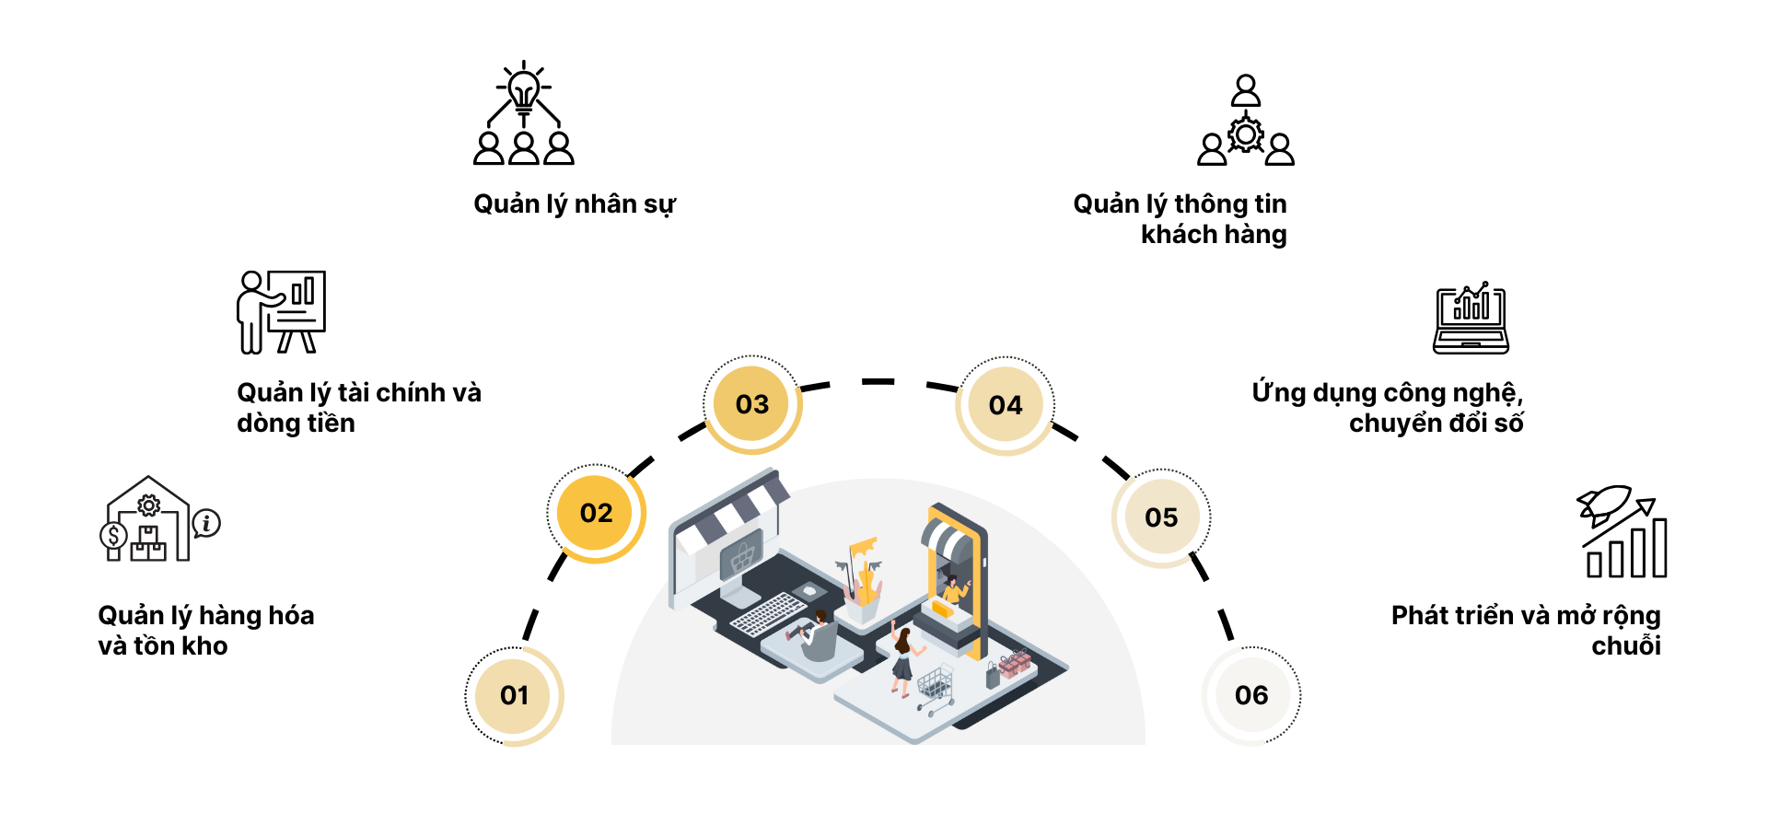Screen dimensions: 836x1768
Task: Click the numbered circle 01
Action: [514, 695]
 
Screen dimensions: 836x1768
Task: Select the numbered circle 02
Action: [596, 513]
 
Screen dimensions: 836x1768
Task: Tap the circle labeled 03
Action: [751, 404]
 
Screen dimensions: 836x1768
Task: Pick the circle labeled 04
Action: [1005, 405]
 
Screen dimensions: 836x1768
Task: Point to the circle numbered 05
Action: [1161, 517]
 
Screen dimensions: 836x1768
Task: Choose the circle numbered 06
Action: [1251, 695]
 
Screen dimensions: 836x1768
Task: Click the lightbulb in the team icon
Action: [524, 90]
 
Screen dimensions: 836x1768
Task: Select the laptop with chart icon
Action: [1471, 319]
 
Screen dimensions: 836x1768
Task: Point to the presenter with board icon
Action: [281, 311]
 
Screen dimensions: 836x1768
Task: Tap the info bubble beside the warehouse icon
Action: [207, 523]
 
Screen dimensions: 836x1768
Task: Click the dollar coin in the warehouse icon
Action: [113, 536]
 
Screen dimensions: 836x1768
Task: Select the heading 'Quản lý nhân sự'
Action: [575, 203]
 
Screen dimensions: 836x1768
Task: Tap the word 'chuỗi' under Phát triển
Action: [1625, 645]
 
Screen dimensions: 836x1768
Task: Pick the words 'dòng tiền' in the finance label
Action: [296, 424]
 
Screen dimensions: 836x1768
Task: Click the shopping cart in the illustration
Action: [936, 687]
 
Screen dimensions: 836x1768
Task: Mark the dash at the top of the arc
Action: [878, 381]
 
